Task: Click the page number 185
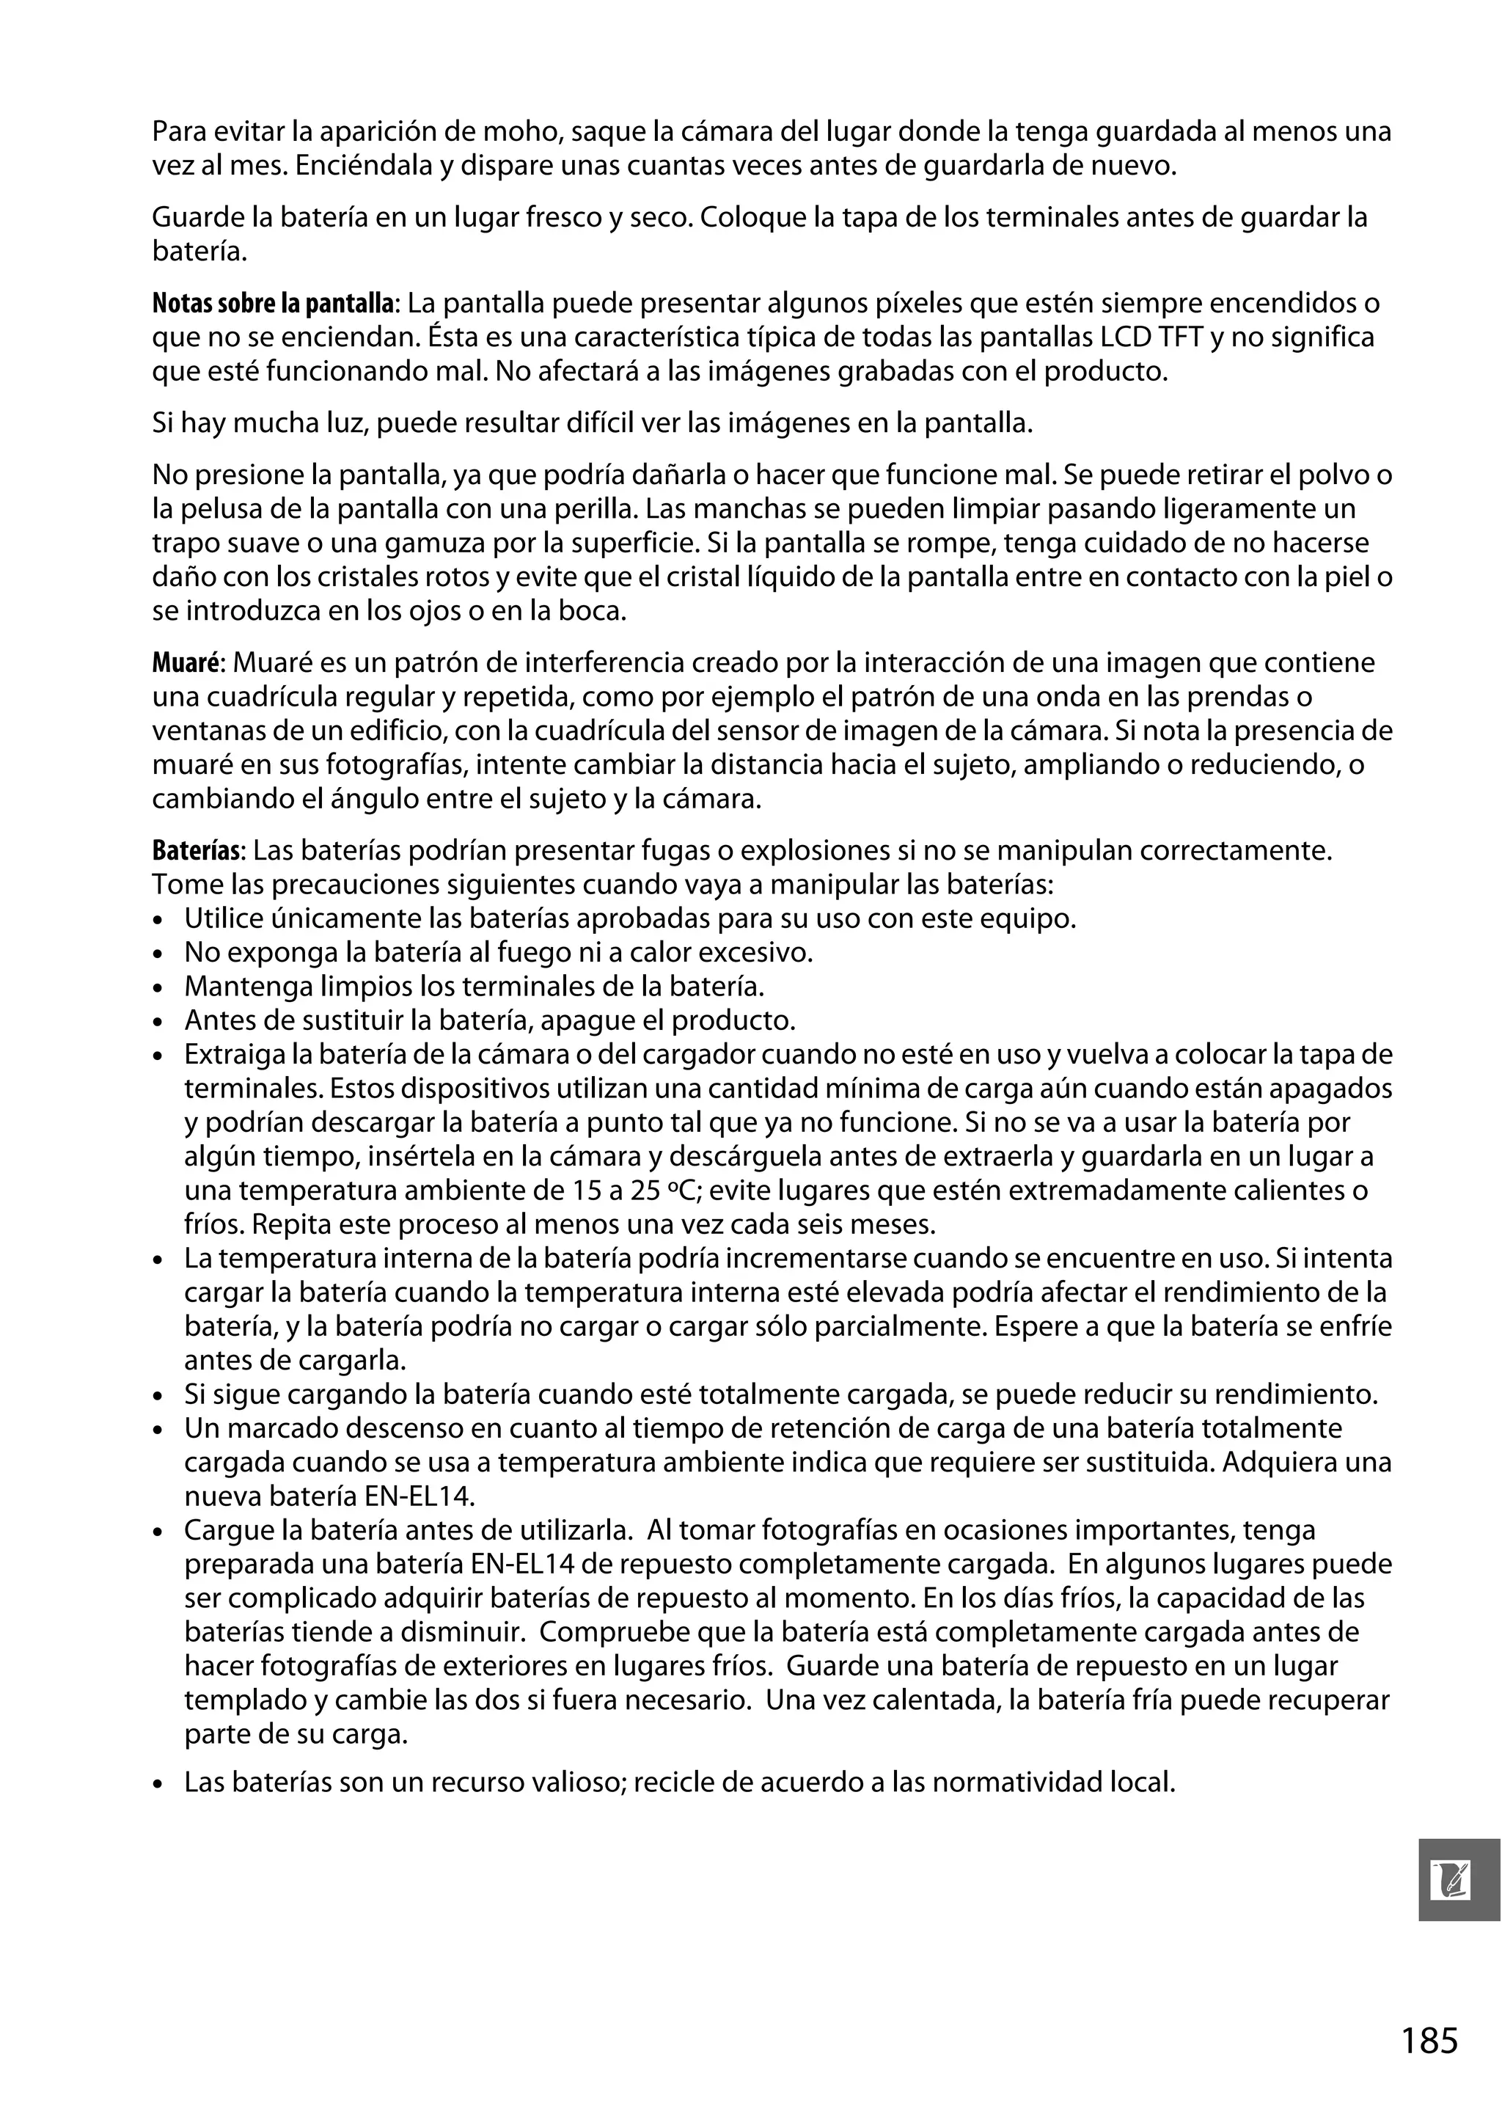point(1429,2041)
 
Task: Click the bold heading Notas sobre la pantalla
point(274,303)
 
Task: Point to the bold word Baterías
point(197,850)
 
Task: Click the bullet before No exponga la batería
point(159,954)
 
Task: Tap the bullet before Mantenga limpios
point(159,988)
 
